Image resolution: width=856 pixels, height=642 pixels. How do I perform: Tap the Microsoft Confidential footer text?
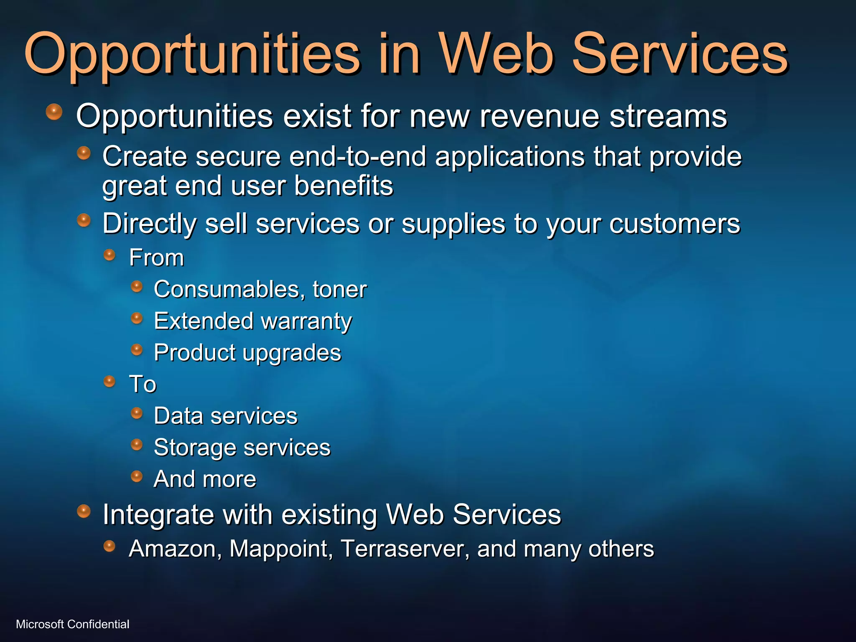pos(72,624)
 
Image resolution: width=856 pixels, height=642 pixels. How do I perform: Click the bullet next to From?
pos(110,255)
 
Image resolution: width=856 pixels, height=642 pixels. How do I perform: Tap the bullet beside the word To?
pos(110,381)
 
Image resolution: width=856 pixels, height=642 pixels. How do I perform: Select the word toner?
pos(339,289)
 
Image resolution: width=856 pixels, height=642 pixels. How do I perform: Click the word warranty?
pos(306,321)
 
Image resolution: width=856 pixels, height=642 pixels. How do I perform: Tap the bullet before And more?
pos(137,476)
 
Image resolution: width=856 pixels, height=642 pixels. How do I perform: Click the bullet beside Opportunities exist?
pos(54,112)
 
